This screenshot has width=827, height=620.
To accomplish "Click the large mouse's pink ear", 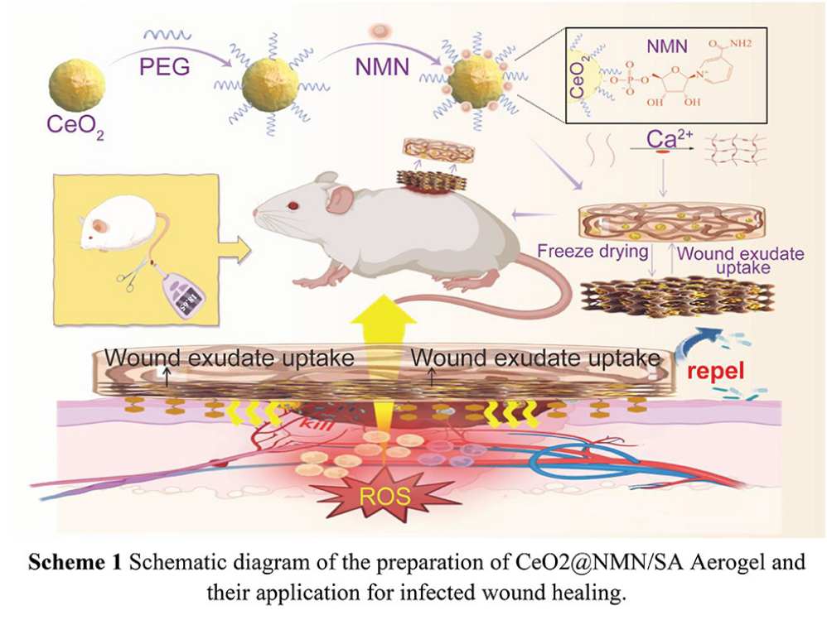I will (x=339, y=199).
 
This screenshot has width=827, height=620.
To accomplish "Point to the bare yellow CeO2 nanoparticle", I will (x=79, y=82).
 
